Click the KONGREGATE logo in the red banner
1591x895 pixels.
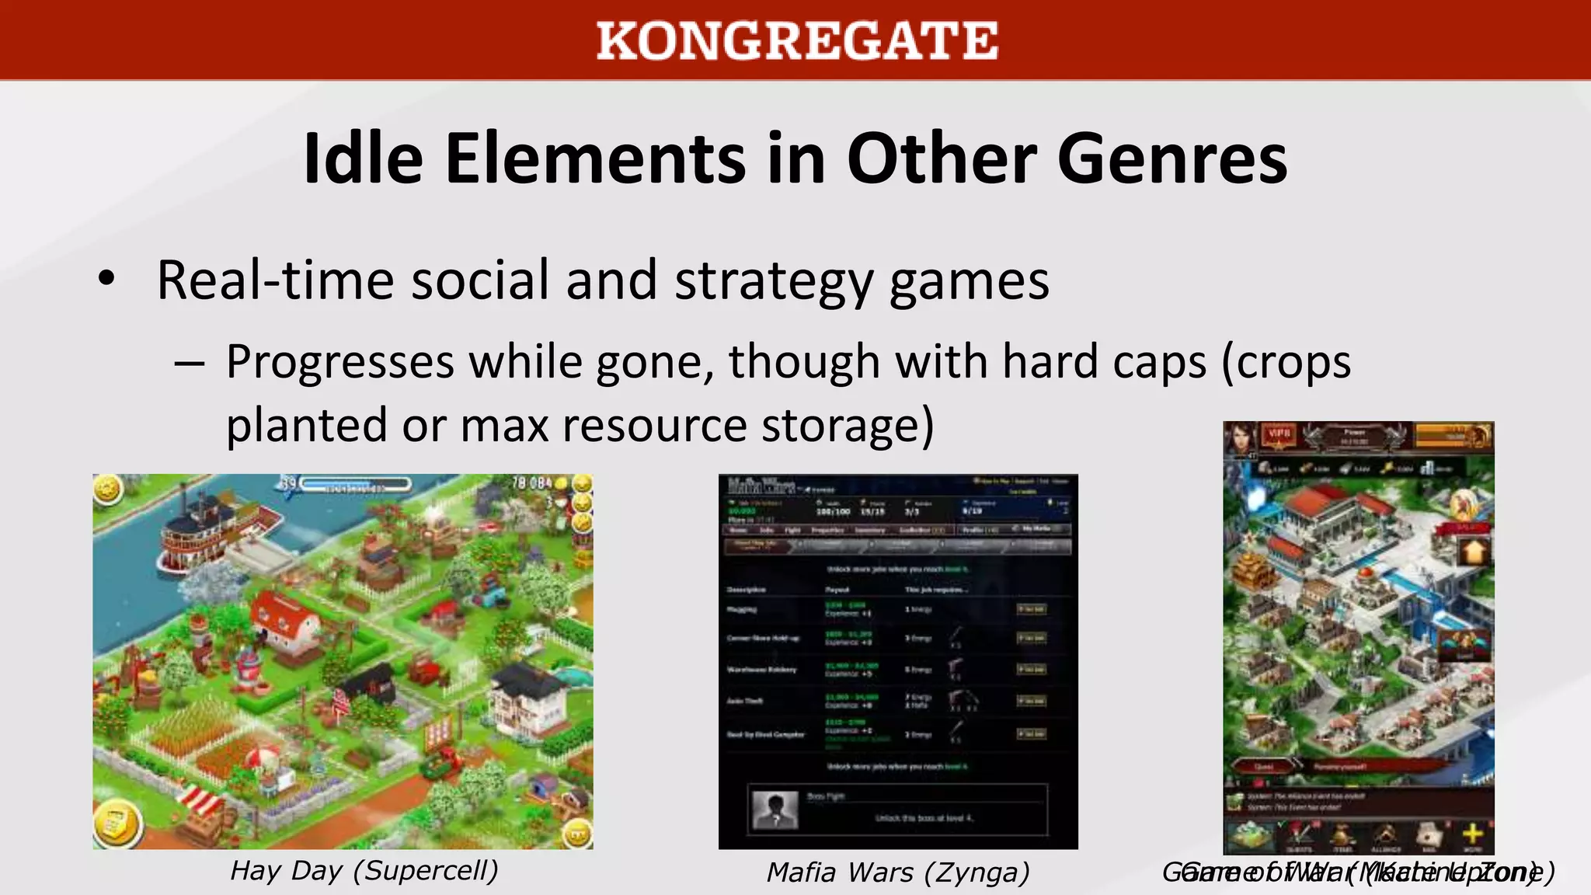pyautogui.click(x=797, y=40)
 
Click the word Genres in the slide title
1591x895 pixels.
pyautogui.click(x=1172, y=159)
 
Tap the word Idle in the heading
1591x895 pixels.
pyautogui.click(x=363, y=159)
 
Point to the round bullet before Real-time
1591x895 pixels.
pyautogui.click(x=106, y=279)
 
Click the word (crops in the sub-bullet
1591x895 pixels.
pyautogui.click(x=1286, y=363)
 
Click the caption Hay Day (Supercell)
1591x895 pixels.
pyautogui.click(x=364, y=870)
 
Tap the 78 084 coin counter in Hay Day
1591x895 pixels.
pyautogui.click(x=531, y=483)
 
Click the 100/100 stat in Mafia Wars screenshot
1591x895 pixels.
pyautogui.click(x=833, y=512)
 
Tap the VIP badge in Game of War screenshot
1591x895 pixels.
pyautogui.click(x=1279, y=434)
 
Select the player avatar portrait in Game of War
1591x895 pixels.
pyautogui.click(x=1240, y=439)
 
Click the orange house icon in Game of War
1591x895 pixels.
pyautogui.click(x=1474, y=552)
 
